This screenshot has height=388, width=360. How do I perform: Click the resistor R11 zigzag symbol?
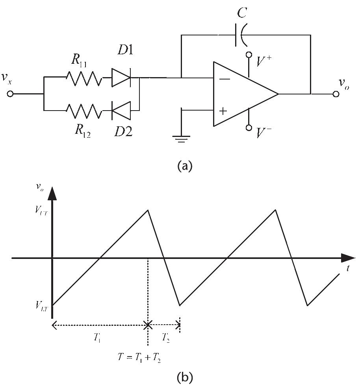83,78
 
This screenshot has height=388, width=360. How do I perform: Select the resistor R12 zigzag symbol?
83,111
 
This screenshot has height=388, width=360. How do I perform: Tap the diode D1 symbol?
121,78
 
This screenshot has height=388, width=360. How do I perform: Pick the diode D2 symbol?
121,111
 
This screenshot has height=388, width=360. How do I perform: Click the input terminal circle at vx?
11,94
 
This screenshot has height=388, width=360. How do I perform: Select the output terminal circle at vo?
336,94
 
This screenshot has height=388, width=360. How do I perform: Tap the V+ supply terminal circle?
249,55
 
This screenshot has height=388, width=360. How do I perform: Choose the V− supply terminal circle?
249,128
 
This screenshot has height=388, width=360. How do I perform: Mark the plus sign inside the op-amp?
223,111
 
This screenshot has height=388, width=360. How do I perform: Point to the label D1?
126,50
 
